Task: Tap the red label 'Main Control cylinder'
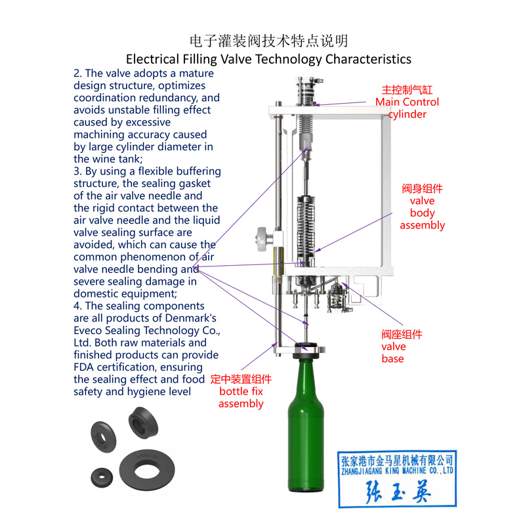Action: point(407,102)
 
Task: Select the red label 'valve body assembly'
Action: point(422,207)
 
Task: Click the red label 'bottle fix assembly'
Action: point(241,392)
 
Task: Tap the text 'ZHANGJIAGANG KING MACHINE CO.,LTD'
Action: point(396,470)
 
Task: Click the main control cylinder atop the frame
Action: point(307,92)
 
